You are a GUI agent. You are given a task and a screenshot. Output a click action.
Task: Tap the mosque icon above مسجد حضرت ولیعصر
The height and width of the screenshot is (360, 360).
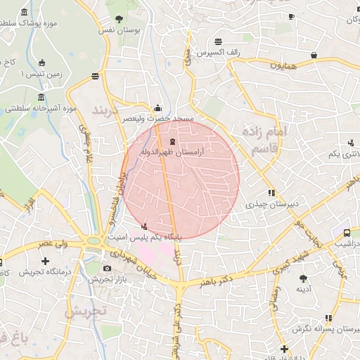coord(157,108)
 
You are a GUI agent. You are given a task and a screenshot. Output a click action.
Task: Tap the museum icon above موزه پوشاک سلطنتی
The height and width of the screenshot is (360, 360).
coord(25,13)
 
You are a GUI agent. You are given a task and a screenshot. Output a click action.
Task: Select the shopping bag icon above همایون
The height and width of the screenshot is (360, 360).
coord(314,54)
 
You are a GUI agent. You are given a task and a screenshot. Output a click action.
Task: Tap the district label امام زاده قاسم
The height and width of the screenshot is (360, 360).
coord(265,139)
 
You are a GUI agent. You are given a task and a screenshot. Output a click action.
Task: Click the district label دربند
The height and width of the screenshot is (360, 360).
coord(108,112)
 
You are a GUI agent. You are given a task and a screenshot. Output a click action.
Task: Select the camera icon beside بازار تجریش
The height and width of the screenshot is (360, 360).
coord(107,268)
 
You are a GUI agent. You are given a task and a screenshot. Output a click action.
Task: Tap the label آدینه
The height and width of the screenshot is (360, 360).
coord(303,288)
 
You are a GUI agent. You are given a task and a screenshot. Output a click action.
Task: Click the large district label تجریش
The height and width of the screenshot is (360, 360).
coord(85,310)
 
